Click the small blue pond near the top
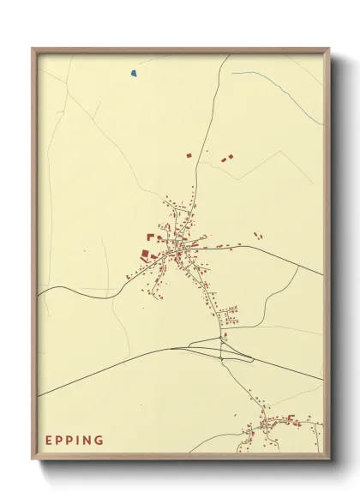(x=134, y=74)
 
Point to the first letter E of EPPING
(x=50, y=440)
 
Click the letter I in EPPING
(x=81, y=440)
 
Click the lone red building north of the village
(x=189, y=155)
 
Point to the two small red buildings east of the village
(x=257, y=233)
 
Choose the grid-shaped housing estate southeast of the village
(x=229, y=315)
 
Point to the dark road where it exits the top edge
(x=229, y=57)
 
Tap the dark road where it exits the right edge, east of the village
(x=321, y=273)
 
